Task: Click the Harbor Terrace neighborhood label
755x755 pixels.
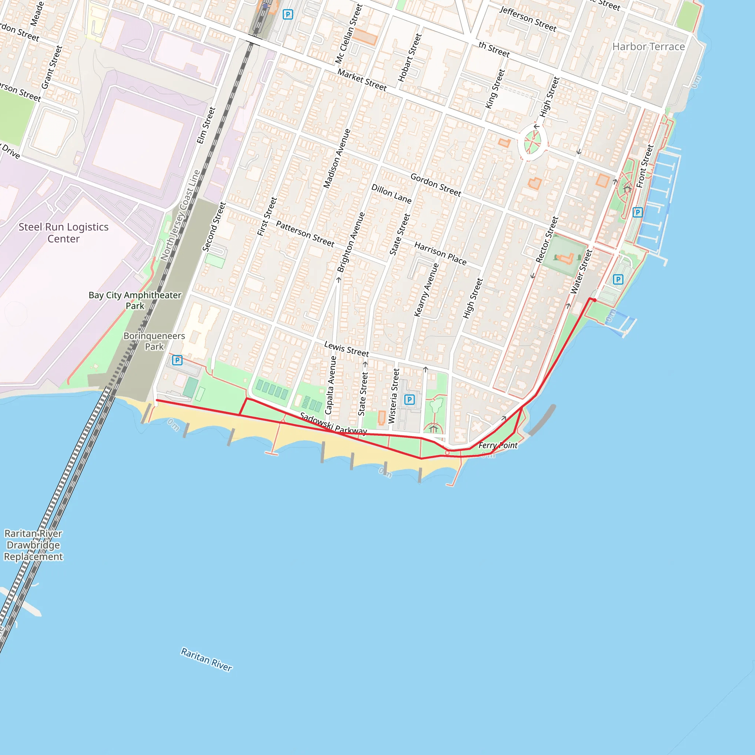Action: click(648, 47)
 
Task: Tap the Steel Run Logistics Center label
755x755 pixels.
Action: click(64, 233)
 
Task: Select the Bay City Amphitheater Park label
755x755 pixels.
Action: click(135, 300)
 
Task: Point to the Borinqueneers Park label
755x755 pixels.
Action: click(154, 341)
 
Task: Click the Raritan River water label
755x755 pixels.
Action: click(206, 659)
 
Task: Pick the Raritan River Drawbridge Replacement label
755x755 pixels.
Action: click(33, 545)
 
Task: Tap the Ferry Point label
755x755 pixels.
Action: click(498, 445)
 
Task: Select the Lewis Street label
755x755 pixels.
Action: click(346, 349)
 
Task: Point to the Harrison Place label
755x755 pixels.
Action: click(441, 253)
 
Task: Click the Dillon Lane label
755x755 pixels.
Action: click(391, 194)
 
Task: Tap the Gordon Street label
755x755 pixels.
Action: click(436, 184)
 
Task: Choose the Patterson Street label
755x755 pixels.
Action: click(305, 234)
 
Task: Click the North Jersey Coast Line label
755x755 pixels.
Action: click(181, 215)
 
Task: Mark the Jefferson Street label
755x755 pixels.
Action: click(528, 19)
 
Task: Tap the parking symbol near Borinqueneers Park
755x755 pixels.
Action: click(177, 360)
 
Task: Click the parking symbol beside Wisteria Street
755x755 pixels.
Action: click(409, 399)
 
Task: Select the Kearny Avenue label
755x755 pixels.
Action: click(427, 289)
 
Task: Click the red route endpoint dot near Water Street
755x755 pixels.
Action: click(594, 300)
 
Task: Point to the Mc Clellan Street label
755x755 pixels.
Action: click(349, 34)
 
